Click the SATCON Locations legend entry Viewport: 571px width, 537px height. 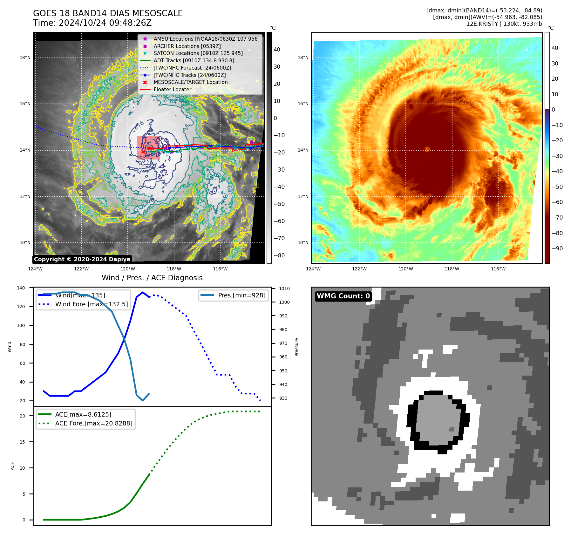coord(198,53)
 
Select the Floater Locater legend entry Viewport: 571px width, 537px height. coord(173,90)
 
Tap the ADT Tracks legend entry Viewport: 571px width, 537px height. coord(194,61)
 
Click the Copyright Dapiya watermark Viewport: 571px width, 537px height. coord(82,259)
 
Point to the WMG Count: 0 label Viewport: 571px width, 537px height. coord(343,296)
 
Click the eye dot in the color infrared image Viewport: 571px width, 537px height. coord(427,149)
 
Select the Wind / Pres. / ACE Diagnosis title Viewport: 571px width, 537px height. coord(152,278)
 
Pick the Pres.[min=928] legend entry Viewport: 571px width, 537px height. coord(241,296)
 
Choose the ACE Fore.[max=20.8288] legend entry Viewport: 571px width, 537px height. coord(93,423)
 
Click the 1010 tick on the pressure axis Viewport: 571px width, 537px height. coord(284,289)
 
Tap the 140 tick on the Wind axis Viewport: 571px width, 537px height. coord(21,288)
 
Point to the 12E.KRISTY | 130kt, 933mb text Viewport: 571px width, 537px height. coord(504,24)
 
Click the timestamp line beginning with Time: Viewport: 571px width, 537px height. coord(92,23)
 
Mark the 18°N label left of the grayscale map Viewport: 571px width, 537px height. coord(25,58)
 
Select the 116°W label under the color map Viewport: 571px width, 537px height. coord(498,269)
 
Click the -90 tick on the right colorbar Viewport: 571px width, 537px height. coord(557,248)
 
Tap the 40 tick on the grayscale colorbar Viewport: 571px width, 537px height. coord(277,50)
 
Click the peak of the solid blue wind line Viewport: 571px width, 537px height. coord(143,292)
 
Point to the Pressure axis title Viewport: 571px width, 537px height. coord(296,347)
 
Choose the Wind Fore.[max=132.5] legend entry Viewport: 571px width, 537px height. coord(91,304)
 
